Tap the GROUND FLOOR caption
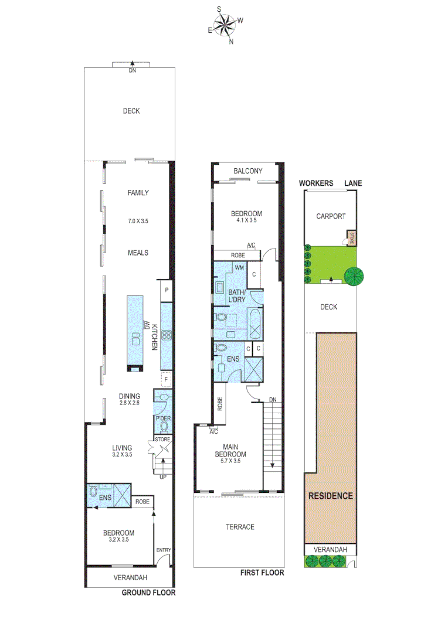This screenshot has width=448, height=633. click(148, 593)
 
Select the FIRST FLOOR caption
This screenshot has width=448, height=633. click(262, 573)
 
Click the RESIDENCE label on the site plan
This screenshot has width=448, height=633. click(331, 496)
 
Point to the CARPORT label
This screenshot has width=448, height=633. click(331, 216)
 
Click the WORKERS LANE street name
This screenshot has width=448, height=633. click(330, 183)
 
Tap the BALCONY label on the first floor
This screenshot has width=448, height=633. click(247, 171)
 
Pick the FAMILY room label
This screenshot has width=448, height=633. click(138, 193)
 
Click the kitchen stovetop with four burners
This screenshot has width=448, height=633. click(166, 335)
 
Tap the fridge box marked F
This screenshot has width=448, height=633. click(167, 380)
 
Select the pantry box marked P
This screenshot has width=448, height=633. click(167, 290)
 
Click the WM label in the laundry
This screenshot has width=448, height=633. click(239, 268)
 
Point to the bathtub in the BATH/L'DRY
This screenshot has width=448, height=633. click(256, 323)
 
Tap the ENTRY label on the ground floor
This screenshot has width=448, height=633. click(164, 550)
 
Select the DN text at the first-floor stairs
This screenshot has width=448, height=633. click(273, 400)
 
